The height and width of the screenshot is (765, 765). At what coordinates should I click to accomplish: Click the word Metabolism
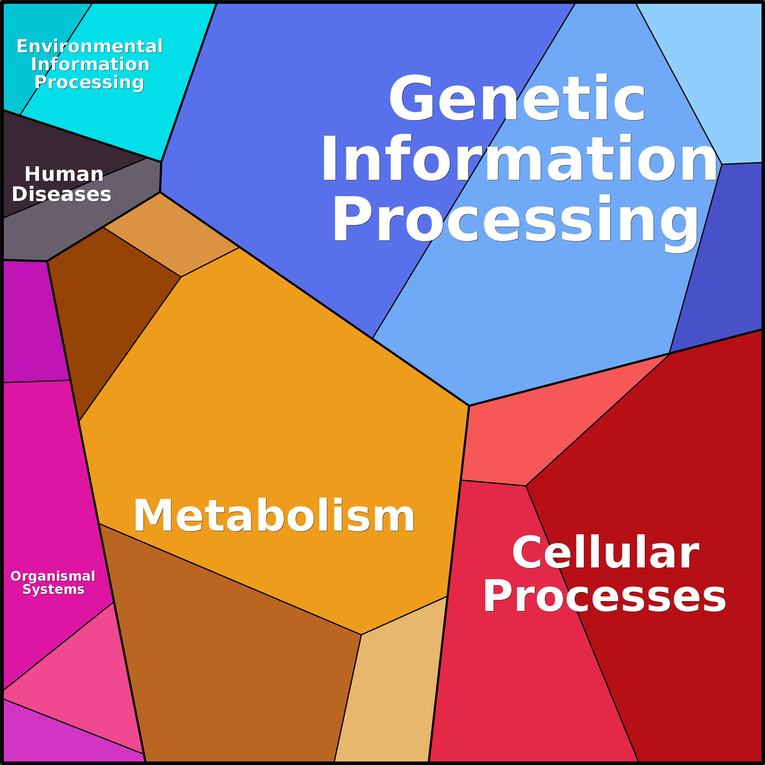[x=274, y=516]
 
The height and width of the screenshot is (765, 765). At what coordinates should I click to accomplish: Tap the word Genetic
[x=517, y=98]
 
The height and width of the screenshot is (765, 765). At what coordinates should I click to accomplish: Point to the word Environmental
[x=90, y=46]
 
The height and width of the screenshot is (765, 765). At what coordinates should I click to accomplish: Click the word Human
[x=64, y=174]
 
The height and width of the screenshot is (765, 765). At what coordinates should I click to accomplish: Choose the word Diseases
[x=62, y=194]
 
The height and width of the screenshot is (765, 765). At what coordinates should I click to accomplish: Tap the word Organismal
[x=53, y=576]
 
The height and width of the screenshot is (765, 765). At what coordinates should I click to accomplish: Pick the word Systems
[x=54, y=589]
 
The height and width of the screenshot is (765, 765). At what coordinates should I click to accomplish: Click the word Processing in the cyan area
[x=89, y=82]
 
